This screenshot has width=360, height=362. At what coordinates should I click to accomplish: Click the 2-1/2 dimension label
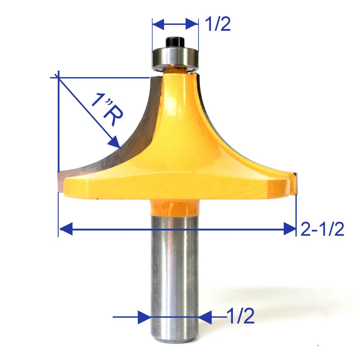pos(322,229)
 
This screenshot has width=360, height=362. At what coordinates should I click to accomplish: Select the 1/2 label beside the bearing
pos(217,25)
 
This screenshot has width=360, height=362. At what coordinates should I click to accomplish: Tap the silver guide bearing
pos(175,57)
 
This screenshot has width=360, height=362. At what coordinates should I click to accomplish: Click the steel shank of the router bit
pos(174,271)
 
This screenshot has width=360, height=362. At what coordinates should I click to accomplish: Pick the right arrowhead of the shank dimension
pos(205,317)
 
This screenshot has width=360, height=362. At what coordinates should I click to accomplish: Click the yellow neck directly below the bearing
pos(175,72)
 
